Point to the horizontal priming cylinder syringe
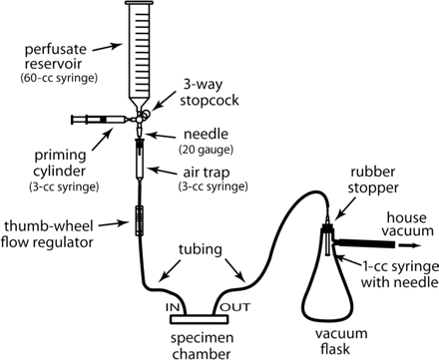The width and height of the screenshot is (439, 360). click(100, 121)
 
